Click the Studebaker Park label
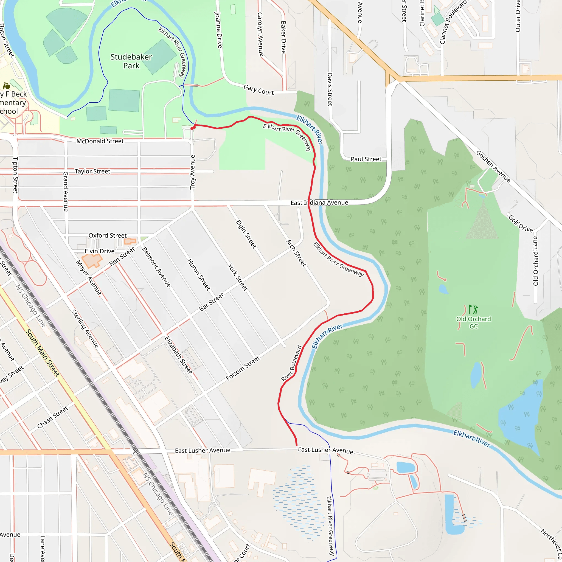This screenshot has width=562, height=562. (131, 61)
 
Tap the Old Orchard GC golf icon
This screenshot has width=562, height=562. (473, 309)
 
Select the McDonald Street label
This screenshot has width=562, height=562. (100, 141)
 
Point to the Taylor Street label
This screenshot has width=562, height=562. (92, 171)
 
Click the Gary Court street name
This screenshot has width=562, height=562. (258, 90)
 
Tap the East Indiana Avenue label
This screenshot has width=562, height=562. (319, 203)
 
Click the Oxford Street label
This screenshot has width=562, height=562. (107, 235)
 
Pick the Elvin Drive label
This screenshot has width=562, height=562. (100, 251)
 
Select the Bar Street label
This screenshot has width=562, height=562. (212, 302)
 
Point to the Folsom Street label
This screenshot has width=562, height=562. (243, 368)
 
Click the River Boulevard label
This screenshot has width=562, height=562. (291, 363)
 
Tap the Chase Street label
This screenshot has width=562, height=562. (53, 417)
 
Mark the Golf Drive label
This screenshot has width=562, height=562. (520, 223)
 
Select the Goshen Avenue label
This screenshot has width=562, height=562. (493, 166)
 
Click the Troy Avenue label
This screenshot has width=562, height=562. (193, 172)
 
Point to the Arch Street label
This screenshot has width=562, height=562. (296, 253)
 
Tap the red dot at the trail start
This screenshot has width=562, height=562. (192, 128)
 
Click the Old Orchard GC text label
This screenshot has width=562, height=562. (473, 323)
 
